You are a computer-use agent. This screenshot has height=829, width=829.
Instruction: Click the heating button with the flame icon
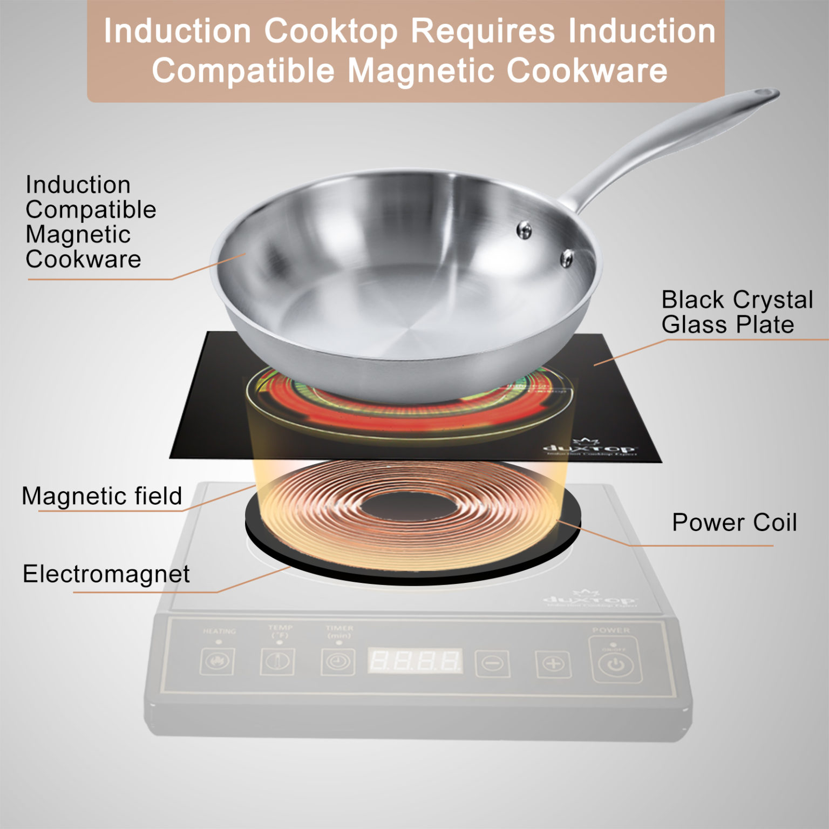[x=217, y=661]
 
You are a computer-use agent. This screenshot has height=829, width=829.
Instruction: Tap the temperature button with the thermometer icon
[x=277, y=661]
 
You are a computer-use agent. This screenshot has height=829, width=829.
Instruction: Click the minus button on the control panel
[x=492, y=662]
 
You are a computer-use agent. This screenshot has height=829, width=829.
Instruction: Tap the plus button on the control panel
[x=553, y=663]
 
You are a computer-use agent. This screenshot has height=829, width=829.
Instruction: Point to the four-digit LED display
[x=414, y=661]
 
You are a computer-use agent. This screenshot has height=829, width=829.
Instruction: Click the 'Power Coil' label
[x=734, y=522]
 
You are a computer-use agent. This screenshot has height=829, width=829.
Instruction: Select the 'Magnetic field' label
[x=102, y=496]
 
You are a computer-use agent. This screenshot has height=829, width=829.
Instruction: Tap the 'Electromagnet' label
[x=106, y=574]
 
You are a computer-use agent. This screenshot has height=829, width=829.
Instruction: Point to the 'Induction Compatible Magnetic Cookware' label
[x=90, y=222]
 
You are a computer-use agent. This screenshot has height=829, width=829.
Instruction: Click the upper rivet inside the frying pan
[x=524, y=230]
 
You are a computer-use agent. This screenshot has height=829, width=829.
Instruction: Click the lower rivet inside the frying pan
[x=567, y=258]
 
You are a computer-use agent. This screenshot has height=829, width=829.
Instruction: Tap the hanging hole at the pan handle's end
[x=765, y=95]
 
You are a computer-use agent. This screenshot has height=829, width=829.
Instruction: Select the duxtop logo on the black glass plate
[x=589, y=447]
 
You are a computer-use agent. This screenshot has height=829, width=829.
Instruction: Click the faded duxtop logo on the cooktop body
[x=589, y=600]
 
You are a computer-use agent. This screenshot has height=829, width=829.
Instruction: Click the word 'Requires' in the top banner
[x=483, y=31]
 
